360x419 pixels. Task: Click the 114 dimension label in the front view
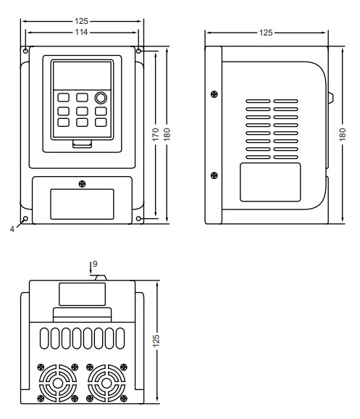click(x=81, y=32)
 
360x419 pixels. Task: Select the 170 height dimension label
click(x=156, y=135)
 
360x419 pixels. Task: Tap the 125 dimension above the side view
click(x=266, y=33)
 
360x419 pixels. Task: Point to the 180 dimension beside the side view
click(x=343, y=134)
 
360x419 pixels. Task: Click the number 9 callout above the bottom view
click(x=95, y=264)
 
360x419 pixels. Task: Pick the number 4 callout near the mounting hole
click(x=12, y=229)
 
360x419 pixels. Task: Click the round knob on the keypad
click(x=101, y=98)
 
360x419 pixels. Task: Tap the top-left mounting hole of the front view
click(x=25, y=51)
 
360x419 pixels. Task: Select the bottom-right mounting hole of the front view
click(x=138, y=219)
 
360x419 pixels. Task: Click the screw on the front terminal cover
click(x=83, y=184)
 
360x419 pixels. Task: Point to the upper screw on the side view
click(x=214, y=94)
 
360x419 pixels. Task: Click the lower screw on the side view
click(x=214, y=175)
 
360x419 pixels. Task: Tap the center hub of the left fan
click(x=58, y=383)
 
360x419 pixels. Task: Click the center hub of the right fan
click(x=106, y=383)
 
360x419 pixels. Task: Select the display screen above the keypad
click(x=83, y=76)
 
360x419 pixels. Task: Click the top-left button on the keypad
click(x=64, y=98)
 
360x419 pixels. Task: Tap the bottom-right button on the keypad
click(x=101, y=123)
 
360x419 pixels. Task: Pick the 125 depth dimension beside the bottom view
click(x=156, y=341)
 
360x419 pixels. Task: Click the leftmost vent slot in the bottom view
click(x=44, y=339)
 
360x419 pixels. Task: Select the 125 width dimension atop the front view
click(x=81, y=21)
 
